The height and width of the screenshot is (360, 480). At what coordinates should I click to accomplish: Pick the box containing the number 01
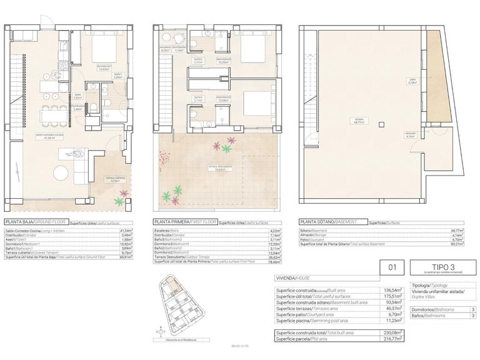(x=392, y=268)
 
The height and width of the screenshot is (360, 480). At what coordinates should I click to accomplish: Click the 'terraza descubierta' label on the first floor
(x=220, y=167)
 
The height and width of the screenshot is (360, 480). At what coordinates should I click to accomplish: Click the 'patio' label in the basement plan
(x=430, y=81)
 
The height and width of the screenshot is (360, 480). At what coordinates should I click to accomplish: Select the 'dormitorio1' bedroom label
(x=104, y=67)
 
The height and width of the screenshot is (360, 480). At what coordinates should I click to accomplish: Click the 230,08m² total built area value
(x=391, y=332)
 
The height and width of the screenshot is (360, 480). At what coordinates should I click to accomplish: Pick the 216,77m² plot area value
(x=391, y=337)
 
